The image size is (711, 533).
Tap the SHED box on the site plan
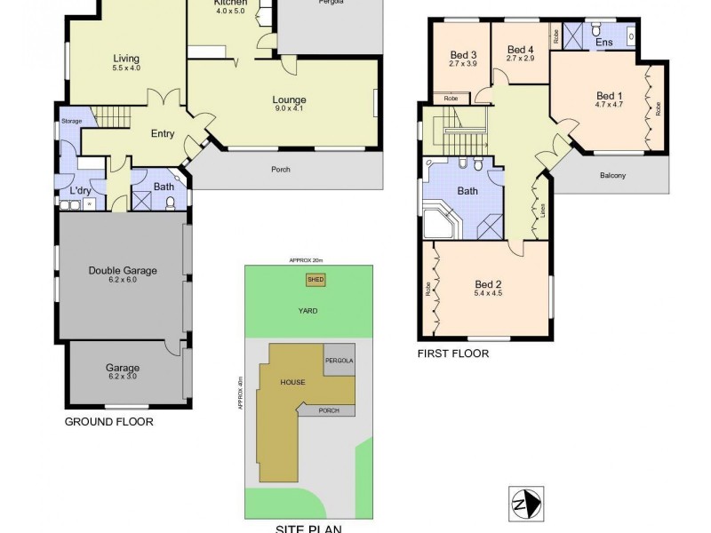tap(316, 279)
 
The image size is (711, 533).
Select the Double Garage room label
tap(123, 271)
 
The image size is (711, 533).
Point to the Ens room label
tap(604, 42)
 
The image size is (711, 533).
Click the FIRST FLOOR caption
tap(453, 353)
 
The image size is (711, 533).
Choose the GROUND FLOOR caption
tap(108, 422)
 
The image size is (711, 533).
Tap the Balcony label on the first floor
tap(612, 175)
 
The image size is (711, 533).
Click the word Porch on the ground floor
tap(279, 170)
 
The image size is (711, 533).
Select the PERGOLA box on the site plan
tap(339, 361)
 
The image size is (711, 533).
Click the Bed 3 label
tap(463, 54)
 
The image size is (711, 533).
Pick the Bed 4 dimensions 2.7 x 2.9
tap(520, 59)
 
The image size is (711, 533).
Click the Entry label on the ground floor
tap(163, 134)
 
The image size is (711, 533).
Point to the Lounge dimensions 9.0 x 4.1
tap(289, 109)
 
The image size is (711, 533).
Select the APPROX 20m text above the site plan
tap(307, 259)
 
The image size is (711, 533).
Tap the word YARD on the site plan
tap(308, 311)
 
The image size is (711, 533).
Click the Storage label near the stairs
tap(71, 121)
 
